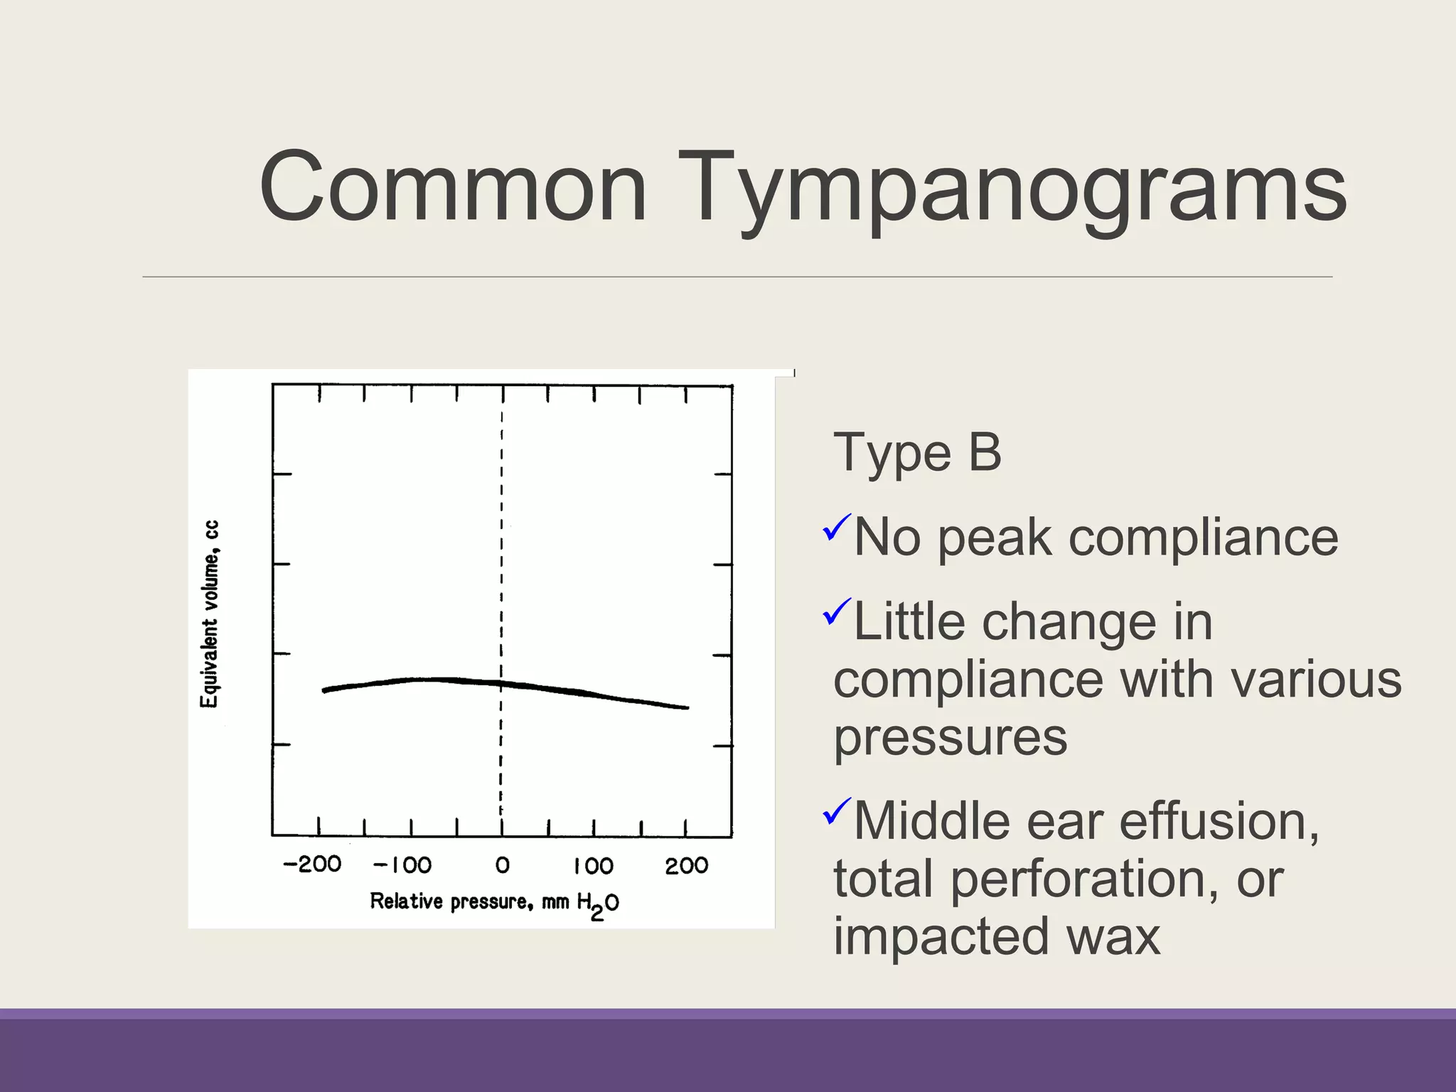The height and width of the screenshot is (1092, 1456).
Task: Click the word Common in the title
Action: click(x=453, y=188)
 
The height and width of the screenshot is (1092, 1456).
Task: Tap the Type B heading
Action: click(x=916, y=453)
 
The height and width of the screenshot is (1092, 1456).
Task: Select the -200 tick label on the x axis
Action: click(x=312, y=864)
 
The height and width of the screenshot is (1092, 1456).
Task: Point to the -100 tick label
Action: click(x=402, y=865)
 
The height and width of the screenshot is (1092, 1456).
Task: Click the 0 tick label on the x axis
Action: click(x=502, y=865)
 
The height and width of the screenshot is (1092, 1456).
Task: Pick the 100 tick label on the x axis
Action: click(x=593, y=866)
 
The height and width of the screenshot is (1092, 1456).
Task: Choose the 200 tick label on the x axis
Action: click(x=686, y=866)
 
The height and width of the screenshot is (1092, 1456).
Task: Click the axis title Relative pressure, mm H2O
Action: click(x=494, y=903)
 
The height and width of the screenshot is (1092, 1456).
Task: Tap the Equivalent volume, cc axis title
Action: click(x=210, y=614)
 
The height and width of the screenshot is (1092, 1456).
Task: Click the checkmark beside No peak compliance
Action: click(x=837, y=528)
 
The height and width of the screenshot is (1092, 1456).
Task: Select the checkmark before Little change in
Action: click(x=837, y=612)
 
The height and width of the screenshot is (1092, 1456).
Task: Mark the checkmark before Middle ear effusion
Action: click(x=837, y=811)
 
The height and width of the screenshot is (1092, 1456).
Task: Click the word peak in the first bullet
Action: click(x=994, y=538)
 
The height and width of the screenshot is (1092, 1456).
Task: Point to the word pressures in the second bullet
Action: click(x=950, y=737)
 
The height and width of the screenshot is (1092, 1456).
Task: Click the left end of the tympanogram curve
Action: click(x=325, y=690)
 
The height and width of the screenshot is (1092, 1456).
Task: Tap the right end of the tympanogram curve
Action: click(x=686, y=707)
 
